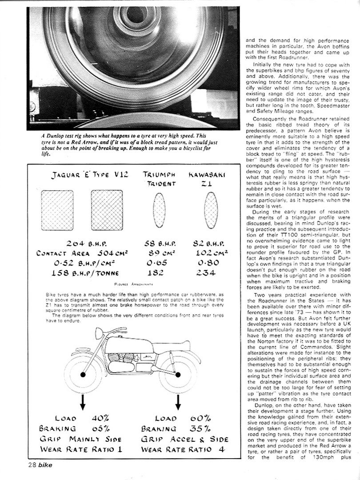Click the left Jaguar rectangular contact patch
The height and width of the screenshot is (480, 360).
[x=57, y=210]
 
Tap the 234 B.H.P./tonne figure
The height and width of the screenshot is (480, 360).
[x=206, y=273]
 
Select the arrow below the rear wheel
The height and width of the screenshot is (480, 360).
[x=178, y=401]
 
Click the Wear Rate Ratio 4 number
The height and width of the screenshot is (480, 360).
[x=221, y=449]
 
